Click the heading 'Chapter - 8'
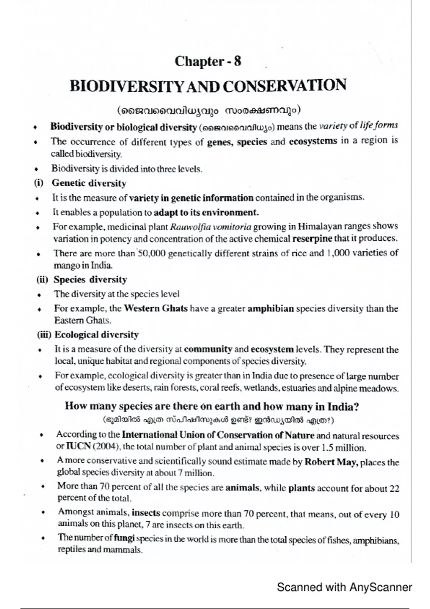pyautogui.click(x=208, y=61)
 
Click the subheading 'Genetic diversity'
pyautogui.click(x=89, y=183)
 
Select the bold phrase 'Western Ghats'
pyautogui.click(x=155, y=308)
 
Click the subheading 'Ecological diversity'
pyautogui.click(x=96, y=335)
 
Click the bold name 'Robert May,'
pyautogui.click(x=331, y=462)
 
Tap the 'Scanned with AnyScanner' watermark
pyautogui.click(x=344, y=587)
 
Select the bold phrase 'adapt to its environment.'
pyautogui.click(x=206, y=212)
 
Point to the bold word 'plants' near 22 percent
pyautogui.click(x=301, y=488)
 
